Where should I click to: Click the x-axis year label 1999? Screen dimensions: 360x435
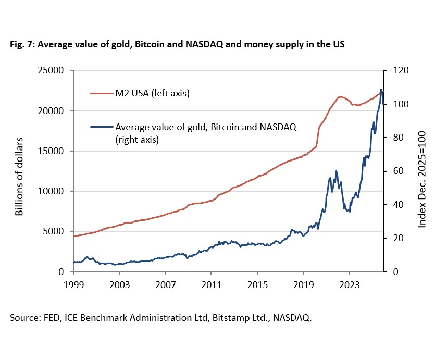[x=73, y=285]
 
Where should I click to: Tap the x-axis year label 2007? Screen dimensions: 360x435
[x=165, y=285]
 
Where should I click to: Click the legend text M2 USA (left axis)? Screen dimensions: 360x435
[x=152, y=94]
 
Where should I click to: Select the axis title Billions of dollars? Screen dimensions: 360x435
[x=19, y=176]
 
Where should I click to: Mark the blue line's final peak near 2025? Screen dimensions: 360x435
[x=381, y=90]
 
